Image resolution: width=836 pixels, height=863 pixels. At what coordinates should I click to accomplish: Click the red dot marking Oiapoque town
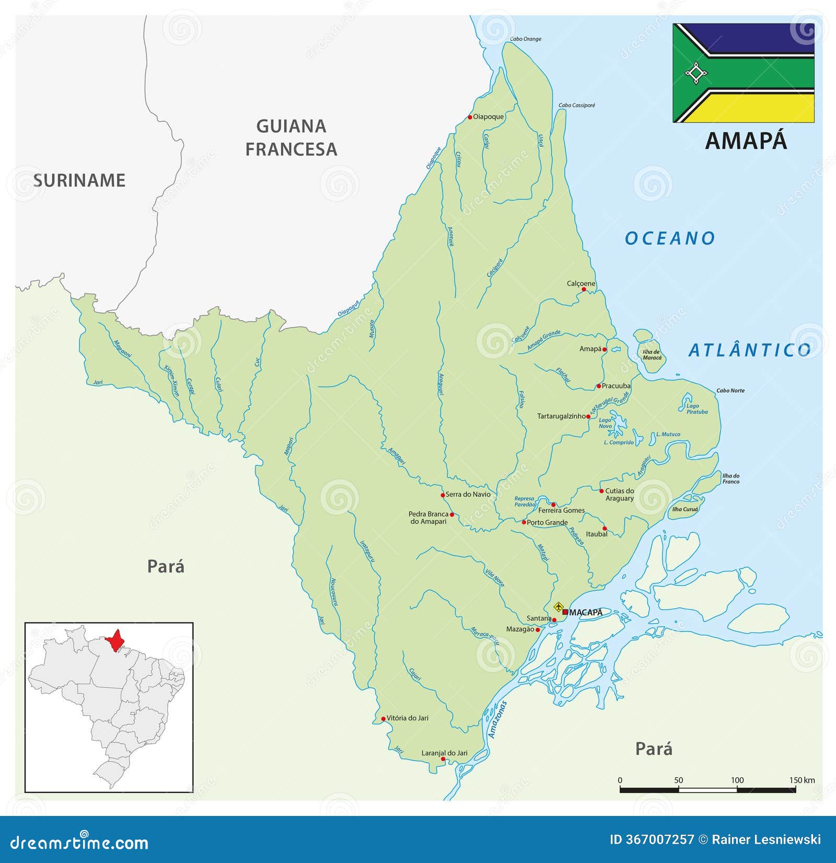point(470,117)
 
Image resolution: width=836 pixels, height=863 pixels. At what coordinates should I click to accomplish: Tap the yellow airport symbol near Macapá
point(559,607)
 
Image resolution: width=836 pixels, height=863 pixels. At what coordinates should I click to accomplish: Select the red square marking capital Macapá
point(565,612)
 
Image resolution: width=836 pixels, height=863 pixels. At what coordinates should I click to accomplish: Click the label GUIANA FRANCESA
point(291,137)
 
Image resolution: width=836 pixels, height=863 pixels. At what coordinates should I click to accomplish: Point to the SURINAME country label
point(79,180)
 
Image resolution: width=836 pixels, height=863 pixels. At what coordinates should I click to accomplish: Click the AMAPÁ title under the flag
point(746,141)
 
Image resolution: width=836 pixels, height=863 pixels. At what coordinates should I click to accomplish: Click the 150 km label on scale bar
point(802,780)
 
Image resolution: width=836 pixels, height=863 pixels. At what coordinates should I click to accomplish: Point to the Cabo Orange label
point(525,39)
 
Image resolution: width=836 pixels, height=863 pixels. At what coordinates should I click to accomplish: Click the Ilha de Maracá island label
point(652,355)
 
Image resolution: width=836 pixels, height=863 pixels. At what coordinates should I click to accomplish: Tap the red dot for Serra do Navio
point(443,494)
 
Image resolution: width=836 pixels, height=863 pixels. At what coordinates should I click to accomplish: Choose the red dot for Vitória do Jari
point(383,719)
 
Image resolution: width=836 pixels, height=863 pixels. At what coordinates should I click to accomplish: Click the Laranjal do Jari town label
point(445,753)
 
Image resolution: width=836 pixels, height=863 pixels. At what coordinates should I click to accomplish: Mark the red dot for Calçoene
point(584,289)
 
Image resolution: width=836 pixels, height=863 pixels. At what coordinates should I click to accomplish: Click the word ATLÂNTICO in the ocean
point(749,350)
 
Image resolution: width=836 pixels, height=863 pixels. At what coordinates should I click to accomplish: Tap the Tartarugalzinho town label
point(561,416)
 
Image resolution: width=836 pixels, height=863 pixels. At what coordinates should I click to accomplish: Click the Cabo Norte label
point(730,390)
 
